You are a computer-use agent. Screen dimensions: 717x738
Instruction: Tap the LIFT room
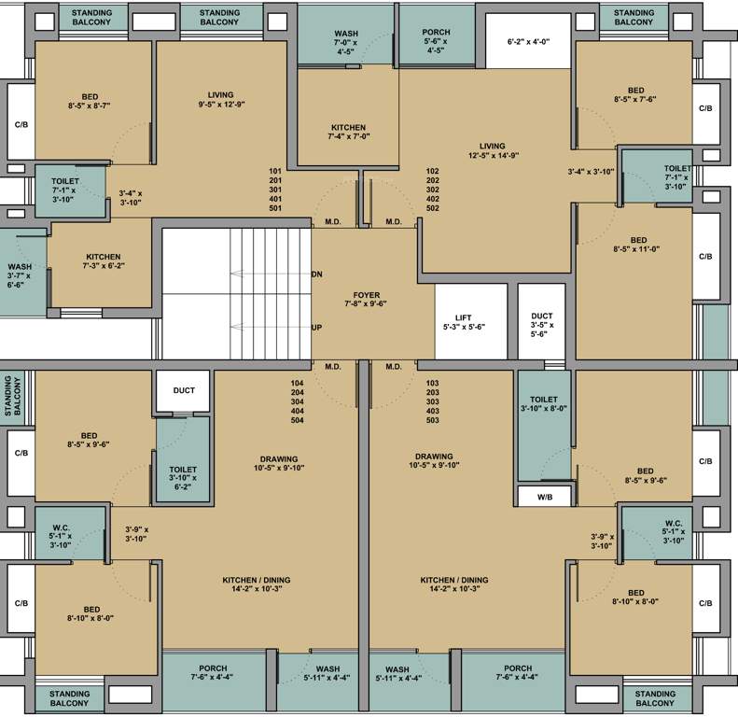click(470, 322)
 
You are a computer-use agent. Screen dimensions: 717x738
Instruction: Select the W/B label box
click(543, 498)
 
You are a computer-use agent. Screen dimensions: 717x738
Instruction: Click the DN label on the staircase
click(317, 274)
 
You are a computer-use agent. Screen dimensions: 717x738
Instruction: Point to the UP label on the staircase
click(317, 328)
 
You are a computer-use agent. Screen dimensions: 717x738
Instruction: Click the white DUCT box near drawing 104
click(184, 390)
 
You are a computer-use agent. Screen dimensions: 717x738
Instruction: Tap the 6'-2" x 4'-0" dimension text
click(528, 42)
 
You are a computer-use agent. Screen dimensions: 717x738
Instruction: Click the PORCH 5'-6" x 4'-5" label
click(436, 39)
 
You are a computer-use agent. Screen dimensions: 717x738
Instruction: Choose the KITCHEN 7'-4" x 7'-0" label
click(349, 132)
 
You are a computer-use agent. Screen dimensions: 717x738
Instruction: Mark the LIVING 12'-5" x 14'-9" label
click(492, 151)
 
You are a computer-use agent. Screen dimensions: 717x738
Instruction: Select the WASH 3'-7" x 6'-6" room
click(20, 275)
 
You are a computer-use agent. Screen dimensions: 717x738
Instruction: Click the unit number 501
click(274, 207)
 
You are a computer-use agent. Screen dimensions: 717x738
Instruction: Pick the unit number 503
click(431, 420)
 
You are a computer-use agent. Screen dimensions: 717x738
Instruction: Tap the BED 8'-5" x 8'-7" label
click(90, 102)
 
